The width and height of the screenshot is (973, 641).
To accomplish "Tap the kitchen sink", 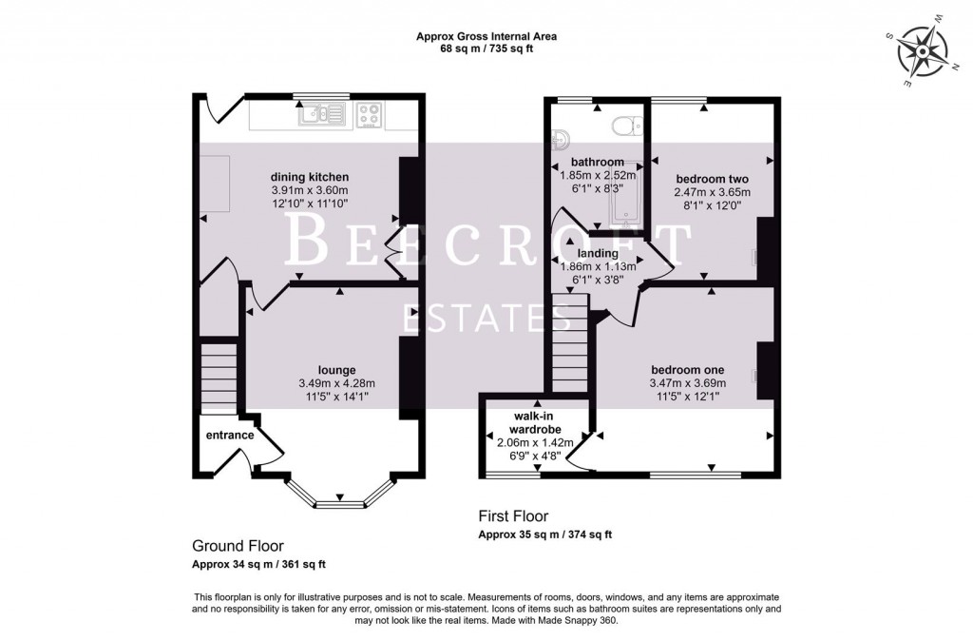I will click(320, 115).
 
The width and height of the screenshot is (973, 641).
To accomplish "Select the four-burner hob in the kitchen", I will click(370, 115).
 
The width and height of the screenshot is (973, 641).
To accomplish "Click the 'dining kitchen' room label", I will click(311, 177).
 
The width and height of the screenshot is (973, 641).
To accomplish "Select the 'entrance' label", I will click(230, 436).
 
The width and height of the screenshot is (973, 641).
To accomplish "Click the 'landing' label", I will click(599, 254).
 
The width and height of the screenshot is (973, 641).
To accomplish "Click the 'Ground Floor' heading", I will click(233, 546).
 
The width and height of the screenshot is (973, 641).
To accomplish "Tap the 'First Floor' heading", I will click(512, 517).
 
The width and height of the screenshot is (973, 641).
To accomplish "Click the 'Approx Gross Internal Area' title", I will click(486, 36).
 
